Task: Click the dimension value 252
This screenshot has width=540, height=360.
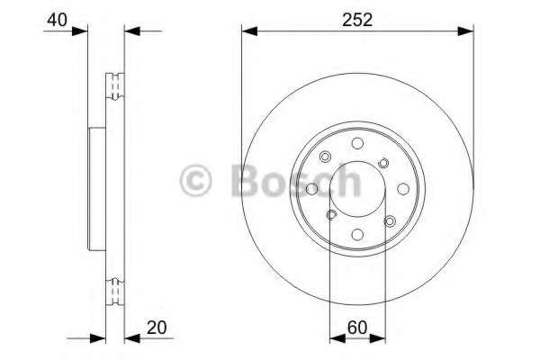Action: (x=356, y=17)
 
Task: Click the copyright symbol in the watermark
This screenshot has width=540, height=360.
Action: (x=196, y=180)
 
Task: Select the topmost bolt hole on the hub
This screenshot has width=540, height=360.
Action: (x=357, y=143)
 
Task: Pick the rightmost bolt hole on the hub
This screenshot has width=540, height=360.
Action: (x=401, y=188)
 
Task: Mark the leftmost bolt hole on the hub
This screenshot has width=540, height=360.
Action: (x=312, y=188)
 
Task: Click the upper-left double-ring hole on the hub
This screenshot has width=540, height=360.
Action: (x=325, y=156)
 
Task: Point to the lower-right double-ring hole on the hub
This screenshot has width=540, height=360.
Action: (x=389, y=220)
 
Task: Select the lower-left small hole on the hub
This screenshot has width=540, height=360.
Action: (x=331, y=213)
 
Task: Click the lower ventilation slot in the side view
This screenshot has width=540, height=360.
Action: (x=114, y=291)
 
